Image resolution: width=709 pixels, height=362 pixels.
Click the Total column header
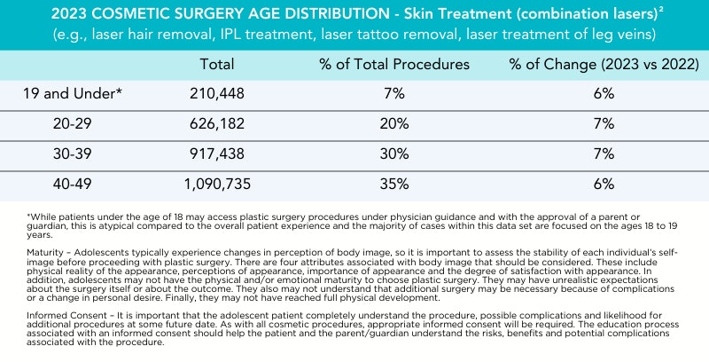coord(216,64)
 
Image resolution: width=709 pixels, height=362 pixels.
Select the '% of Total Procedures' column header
coord(394,64)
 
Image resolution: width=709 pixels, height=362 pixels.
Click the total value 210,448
coord(217,94)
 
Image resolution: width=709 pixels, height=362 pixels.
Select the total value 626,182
coord(217,124)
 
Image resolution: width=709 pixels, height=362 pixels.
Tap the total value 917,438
coord(217,154)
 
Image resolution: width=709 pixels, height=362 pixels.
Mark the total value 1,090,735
coord(217,185)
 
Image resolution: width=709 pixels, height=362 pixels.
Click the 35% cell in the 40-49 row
coord(394,185)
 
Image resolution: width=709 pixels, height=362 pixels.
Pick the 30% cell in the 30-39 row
coord(394,154)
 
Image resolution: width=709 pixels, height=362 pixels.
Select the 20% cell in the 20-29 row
coord(394,124)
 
